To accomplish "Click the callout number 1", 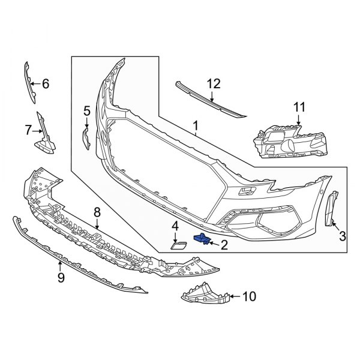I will pos(195,125).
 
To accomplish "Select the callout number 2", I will pos(224,244).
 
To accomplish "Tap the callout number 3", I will pos(343,236).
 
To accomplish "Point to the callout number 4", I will pos(175,226).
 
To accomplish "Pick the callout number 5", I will pos(87,110).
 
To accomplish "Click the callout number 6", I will pos(45,84).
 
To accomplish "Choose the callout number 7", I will pos(28,128).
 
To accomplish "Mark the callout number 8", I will pos(97,212).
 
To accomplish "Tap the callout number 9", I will pos(61,277).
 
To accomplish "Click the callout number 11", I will pos(299,107).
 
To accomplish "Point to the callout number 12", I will pos(214,84).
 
